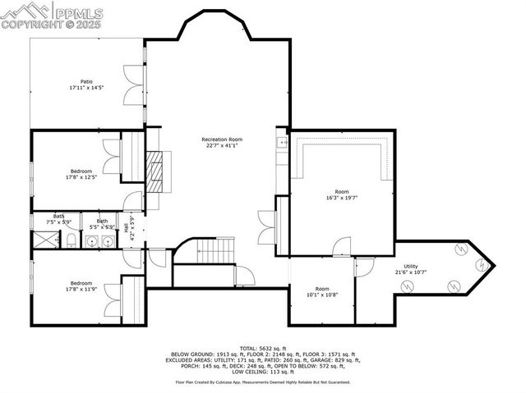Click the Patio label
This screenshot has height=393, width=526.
click(x=86, y=81)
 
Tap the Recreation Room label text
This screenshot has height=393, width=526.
click(x=222, y=139)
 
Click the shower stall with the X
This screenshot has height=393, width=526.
click(x=42, y=240)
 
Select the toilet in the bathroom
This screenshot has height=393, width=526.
click(x=72, y=240)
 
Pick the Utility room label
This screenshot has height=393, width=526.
click(x=411, y=266)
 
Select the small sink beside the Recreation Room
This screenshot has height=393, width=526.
click(x=282, y=144)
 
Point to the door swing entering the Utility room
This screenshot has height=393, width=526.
click(x=364, y=266)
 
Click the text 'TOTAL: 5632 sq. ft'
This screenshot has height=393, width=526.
click(x=261, y=348)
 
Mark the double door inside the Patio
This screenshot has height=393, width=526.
click(x=132, y=84)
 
